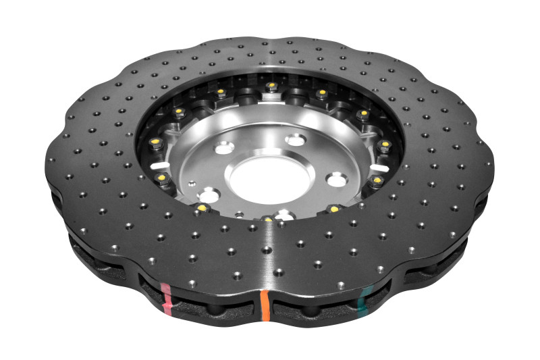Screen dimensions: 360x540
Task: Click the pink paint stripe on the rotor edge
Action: point(167,298)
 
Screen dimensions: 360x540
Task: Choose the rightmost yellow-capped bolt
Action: point(385,145)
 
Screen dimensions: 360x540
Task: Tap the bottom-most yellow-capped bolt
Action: point(268,220)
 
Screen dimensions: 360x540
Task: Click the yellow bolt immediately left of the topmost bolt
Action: point(221,93)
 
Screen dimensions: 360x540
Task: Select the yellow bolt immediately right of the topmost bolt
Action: point(322,93)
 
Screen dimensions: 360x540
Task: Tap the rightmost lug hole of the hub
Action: point(336,180)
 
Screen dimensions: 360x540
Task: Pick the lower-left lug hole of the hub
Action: point(210,197)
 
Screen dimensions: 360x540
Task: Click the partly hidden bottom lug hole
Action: point(284,215)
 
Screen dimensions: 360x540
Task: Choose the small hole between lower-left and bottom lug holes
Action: point(238,215)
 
